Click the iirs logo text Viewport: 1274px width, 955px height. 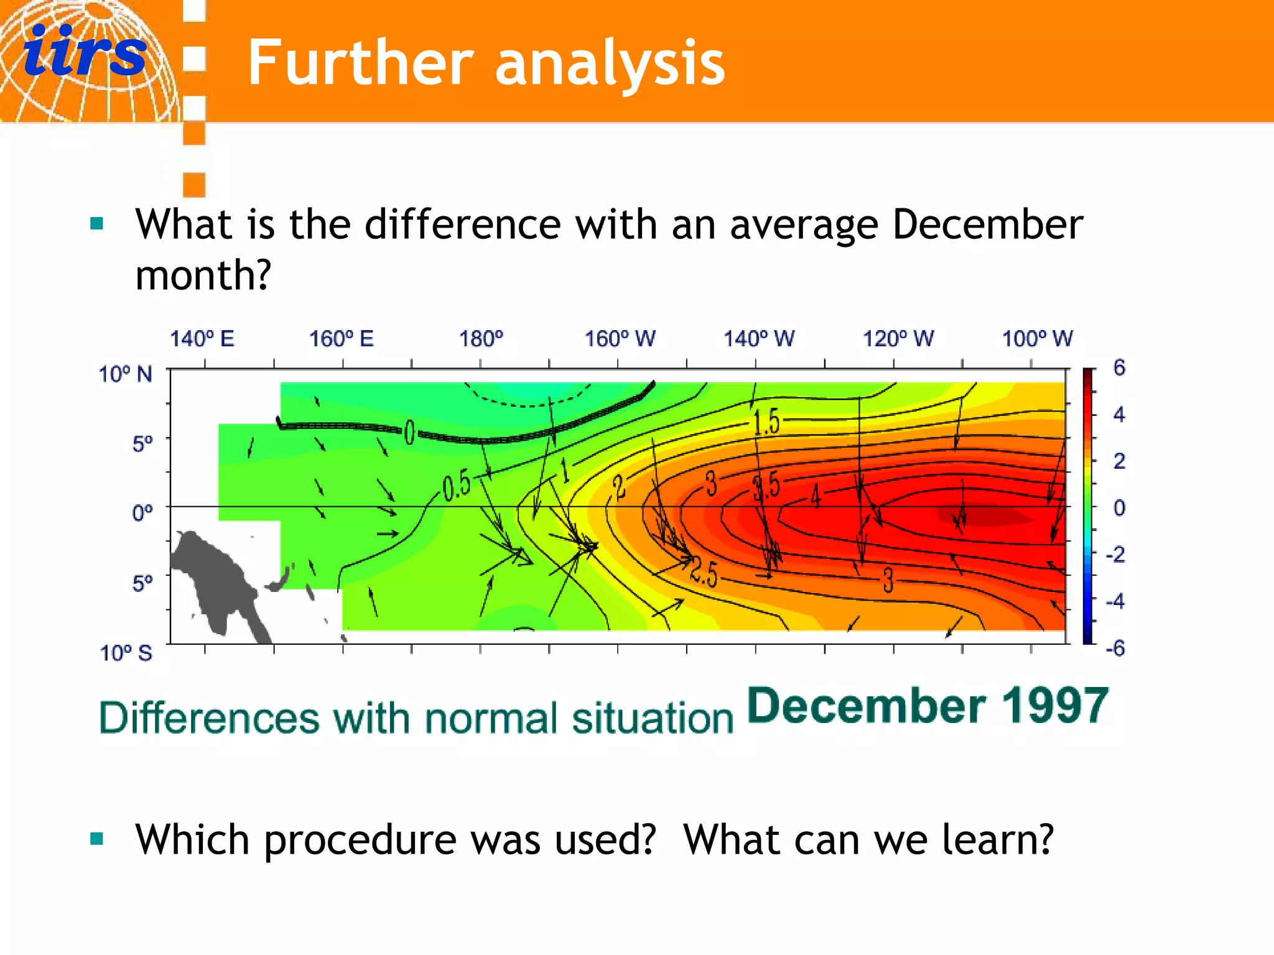(x=85, y=53)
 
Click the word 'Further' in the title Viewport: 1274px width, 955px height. (x=360, y=63)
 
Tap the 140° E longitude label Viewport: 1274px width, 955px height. (x=202, y=339)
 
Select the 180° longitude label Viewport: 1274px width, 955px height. (x=481, y=339)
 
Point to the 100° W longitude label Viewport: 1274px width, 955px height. (x=1037, y=339)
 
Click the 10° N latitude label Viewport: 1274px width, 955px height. (x=126, y=374)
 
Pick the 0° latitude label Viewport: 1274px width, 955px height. (x=142, y=513)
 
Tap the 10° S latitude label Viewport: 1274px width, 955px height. (x=126, y=653)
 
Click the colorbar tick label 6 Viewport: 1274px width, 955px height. (x=1118, y=367)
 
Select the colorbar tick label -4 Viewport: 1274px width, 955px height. (x=1115, y=601)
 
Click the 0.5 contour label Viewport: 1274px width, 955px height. (x=457, y=486)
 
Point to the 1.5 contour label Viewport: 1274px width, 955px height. (x=766, y=422)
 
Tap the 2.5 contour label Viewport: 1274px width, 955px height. (x=704, y=573)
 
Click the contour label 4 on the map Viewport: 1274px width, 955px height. (x=816, y=497)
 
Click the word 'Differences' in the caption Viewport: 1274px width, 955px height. (x=209, y=718)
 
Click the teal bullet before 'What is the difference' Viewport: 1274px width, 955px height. (x=96, y=224)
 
